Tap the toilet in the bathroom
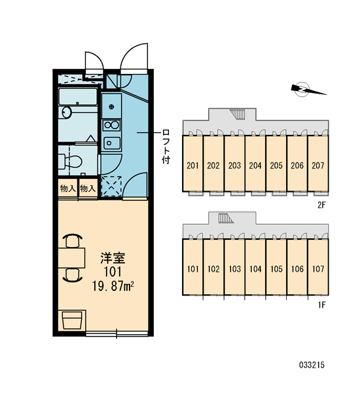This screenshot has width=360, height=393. pyautogui.click(x=71, y=161)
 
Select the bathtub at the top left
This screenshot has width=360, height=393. pyautogui.click(x=78, y=96)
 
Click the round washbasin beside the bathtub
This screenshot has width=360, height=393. pyautogui.click(x=67, y=112)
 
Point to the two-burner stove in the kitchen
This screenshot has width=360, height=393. pyautogui.click(x=111, y=124)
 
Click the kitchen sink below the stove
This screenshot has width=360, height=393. pyautogui.click(x=112, y=143)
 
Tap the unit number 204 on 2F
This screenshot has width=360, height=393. pyautogui.click(x=255, y=166)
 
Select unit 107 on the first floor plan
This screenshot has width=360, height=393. pyautogui.click(x=318, y=267)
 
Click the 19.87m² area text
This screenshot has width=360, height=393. pyautogui.click(x=113, y=286)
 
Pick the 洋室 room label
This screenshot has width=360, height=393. pyautogui.click(x=113, y=258)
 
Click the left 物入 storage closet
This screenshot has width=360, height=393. pyautogui.click(x=68, y=189)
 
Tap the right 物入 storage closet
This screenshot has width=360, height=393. pyautogui.click(x=88, y=189)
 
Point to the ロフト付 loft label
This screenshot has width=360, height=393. pyautogui.click(x=166, y=146)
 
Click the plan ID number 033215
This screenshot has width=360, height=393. pyautogui.click(x=312, y=365)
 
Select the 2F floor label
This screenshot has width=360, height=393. pyautogui.click(x=321, y=205)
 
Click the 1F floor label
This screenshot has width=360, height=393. pyautogui.click(x=322, y=305)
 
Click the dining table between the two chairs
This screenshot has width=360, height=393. pyautogui.click(x=71, y=258)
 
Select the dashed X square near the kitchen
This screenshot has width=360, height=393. pyautogui.click(x=111, y=186)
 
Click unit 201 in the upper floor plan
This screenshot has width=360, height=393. pyautogui.click(x=192, y=163)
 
